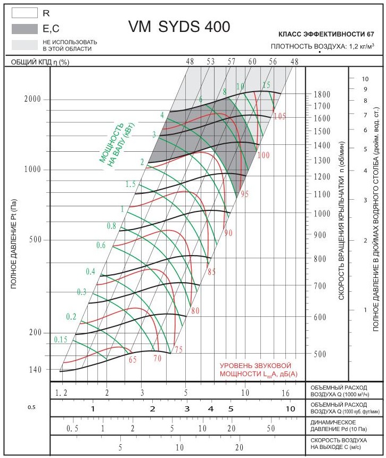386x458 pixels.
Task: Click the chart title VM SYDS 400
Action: pyautogui.click(x=179, y=27)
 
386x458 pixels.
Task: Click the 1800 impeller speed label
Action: pyautogui.click(x=322, y=95)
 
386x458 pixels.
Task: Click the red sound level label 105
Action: pyautogui.click(x=280, y=116)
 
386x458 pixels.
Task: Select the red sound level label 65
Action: pyautogui.click(x=133, y=360)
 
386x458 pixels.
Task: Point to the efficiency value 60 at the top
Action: pyautogui.click(x=252, y=62)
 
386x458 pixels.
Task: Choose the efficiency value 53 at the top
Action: pyautogui.click(x=210, y=62)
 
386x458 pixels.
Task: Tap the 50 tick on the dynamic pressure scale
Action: pyautogui.click(x=270, y=428)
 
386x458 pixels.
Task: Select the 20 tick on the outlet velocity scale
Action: pyautogui.click(x=239, y=447)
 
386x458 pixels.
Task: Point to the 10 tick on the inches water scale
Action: pyautogui.click(x=365, y=78)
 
